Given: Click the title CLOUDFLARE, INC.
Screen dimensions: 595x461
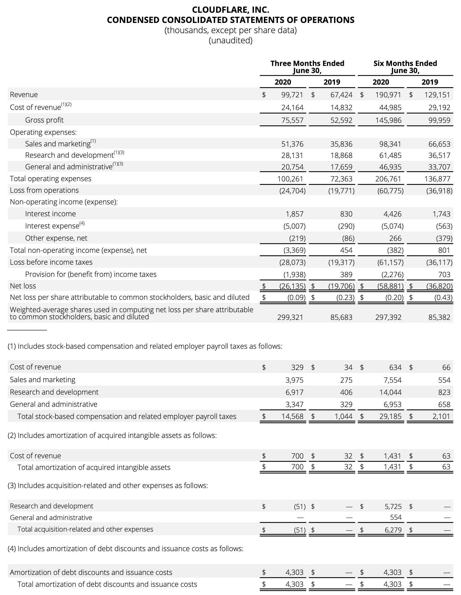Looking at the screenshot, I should click(x=230, y=10).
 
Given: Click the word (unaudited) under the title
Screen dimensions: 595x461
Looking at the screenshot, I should click(x=230, y=40).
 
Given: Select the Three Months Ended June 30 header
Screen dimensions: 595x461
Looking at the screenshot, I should click(x=307, y=67).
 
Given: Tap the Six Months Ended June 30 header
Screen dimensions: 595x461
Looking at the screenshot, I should click(x=405, y=67).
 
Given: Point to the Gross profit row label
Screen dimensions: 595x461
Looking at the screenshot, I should click(x=44, y=120).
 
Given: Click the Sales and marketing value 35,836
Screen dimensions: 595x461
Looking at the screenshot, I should click(x=341, y=144).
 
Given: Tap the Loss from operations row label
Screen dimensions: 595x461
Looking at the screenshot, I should click(x=44, y=190).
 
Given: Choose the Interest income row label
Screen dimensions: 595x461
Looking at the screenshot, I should click(x=50, y=214).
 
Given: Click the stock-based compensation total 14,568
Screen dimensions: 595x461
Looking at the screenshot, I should click(x=292, y=416).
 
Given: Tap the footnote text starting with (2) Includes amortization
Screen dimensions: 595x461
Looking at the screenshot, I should click(x=112, y=435).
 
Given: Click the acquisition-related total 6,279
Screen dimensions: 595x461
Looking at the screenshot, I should click(x=393, y=530).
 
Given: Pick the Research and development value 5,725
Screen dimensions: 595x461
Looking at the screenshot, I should click(x=393, y=506).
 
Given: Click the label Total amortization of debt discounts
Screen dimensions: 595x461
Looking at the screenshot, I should click(x=107, y=584).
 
